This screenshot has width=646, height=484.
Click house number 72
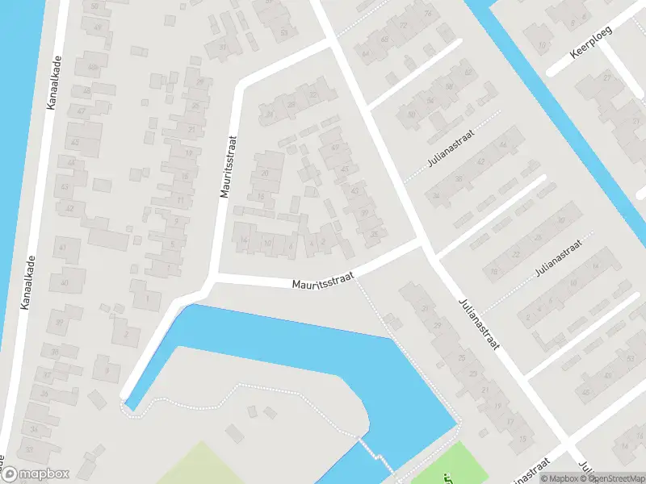(404, 26)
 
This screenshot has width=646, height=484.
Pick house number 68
(384, 39)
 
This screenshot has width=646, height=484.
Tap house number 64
(365, 54)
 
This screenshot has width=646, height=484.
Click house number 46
(502, 144)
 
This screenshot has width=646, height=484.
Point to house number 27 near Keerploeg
(606, 77)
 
